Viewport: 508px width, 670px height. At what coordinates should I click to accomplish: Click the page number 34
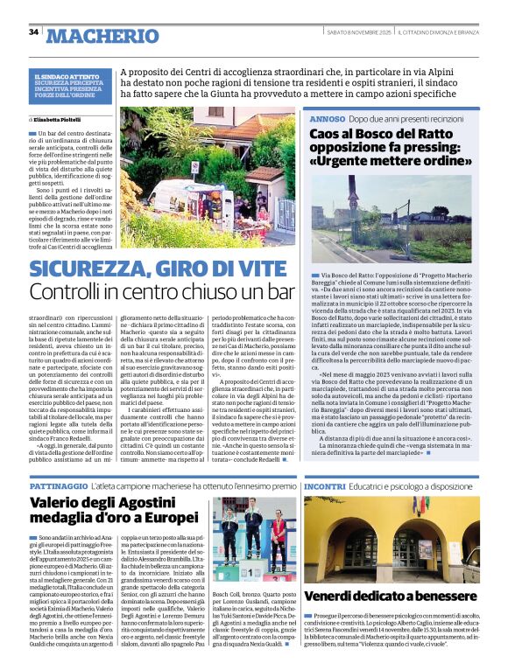33,31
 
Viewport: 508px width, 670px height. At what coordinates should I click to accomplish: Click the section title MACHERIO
90,35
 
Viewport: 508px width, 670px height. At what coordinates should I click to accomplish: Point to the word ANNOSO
327,117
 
